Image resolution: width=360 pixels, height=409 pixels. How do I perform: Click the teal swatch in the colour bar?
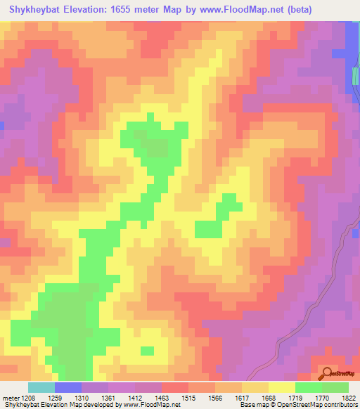(x=41, y=387)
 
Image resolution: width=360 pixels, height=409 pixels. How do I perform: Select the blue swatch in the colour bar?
(x=67, y=387)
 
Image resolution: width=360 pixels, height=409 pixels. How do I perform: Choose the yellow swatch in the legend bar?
(x=281, y=387)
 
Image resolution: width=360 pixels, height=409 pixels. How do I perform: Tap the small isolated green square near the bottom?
(x=147, y=350)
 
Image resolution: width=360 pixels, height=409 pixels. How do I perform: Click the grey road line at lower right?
(x=330, y=281)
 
